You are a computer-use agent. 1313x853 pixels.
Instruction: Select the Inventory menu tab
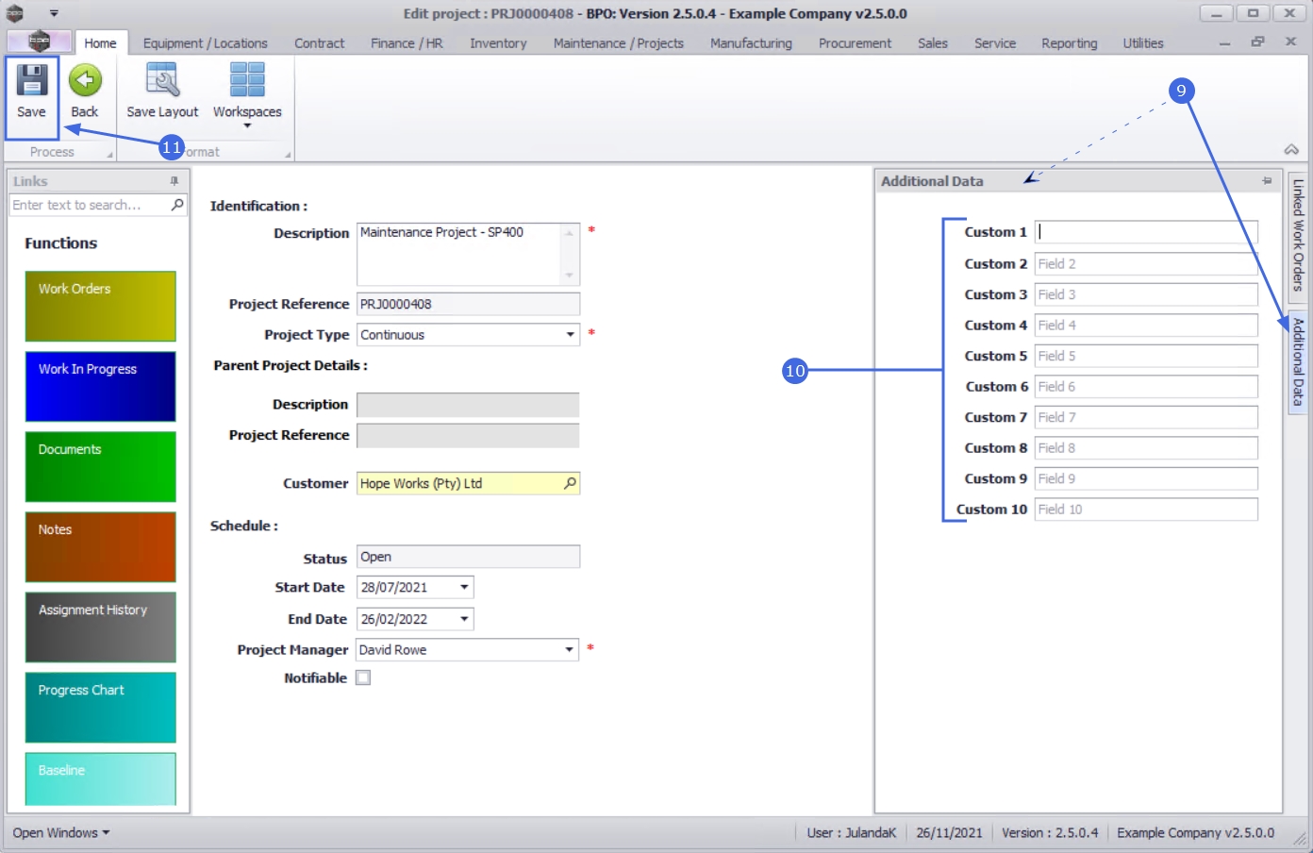pos(498,43)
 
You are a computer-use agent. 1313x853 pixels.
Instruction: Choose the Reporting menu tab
pos(1069,43)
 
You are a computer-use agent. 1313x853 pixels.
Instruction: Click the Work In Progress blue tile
pos(100,386)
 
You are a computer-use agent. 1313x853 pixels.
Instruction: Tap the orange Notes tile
pos(100,547)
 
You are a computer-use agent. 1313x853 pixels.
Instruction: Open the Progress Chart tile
pos(100,708)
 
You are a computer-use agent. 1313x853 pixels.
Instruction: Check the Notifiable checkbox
pos(363,677)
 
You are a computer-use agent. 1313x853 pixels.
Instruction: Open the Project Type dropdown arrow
pos(570,335)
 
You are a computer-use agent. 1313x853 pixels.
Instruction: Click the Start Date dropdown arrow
pos(464,587)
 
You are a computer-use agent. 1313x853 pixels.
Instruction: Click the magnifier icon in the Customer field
pos(570,483)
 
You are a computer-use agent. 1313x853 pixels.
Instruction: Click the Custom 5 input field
pos(1145,356)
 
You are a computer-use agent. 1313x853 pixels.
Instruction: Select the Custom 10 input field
pos(1145,510)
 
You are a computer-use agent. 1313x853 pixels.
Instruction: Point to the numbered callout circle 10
pos(795,371)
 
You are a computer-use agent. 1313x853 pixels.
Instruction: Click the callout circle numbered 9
pos(1181,91)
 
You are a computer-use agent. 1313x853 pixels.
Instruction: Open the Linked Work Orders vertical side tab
pos(1298,235)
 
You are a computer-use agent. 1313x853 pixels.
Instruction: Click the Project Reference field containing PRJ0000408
pos(468,304)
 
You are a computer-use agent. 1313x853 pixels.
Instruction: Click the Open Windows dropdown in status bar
pos(61,833)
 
